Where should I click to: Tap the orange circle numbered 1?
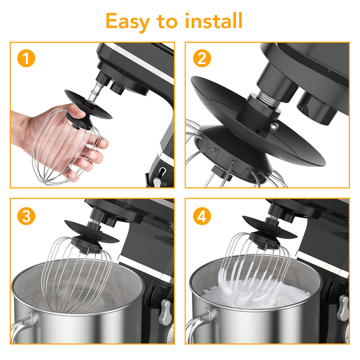coord(26,58)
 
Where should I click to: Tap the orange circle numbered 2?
coord(202,58)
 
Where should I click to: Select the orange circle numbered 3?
coord(26,216)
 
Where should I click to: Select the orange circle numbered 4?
coord(202,216)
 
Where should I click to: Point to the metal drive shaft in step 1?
coord(96,91)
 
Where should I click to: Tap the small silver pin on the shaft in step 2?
coord(274,126)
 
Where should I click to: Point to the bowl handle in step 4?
coord(197,326)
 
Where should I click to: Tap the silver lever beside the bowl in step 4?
coord(343,307)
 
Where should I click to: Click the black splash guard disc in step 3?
coord(91,232)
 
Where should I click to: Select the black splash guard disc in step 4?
coord(270,227)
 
